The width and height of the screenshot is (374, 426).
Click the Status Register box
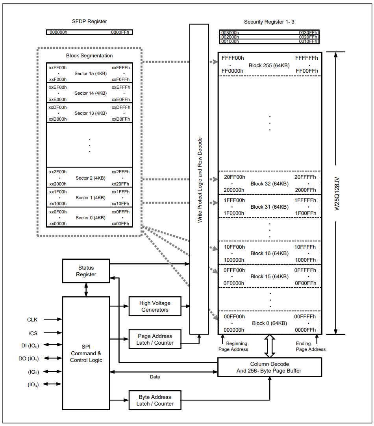point(86,271)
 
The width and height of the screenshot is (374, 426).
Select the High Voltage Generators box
point(155,307)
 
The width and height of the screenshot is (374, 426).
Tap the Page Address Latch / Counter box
point(155,340)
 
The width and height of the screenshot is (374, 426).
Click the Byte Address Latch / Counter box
point(155,400)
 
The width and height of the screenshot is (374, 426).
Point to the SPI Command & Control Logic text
point(86,353)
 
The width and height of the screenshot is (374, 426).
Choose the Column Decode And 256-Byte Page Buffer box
point(270,367)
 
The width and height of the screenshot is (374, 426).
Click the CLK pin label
point(32,319)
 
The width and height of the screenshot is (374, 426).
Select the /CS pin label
point(33,333)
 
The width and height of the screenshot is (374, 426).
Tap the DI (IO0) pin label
point(30,345)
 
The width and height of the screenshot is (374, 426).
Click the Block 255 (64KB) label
point(269,65)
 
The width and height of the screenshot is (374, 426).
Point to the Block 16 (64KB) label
point(269,253)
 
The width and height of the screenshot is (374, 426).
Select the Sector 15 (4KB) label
point(90,73)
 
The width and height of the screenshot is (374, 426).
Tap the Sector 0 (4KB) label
point(90,218)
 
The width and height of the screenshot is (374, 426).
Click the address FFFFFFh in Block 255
point(306,58)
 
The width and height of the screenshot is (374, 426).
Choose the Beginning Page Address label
point(233,346)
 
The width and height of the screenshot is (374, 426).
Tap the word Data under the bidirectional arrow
point(155,377)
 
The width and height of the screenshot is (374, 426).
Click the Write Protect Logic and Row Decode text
point(200,180)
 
